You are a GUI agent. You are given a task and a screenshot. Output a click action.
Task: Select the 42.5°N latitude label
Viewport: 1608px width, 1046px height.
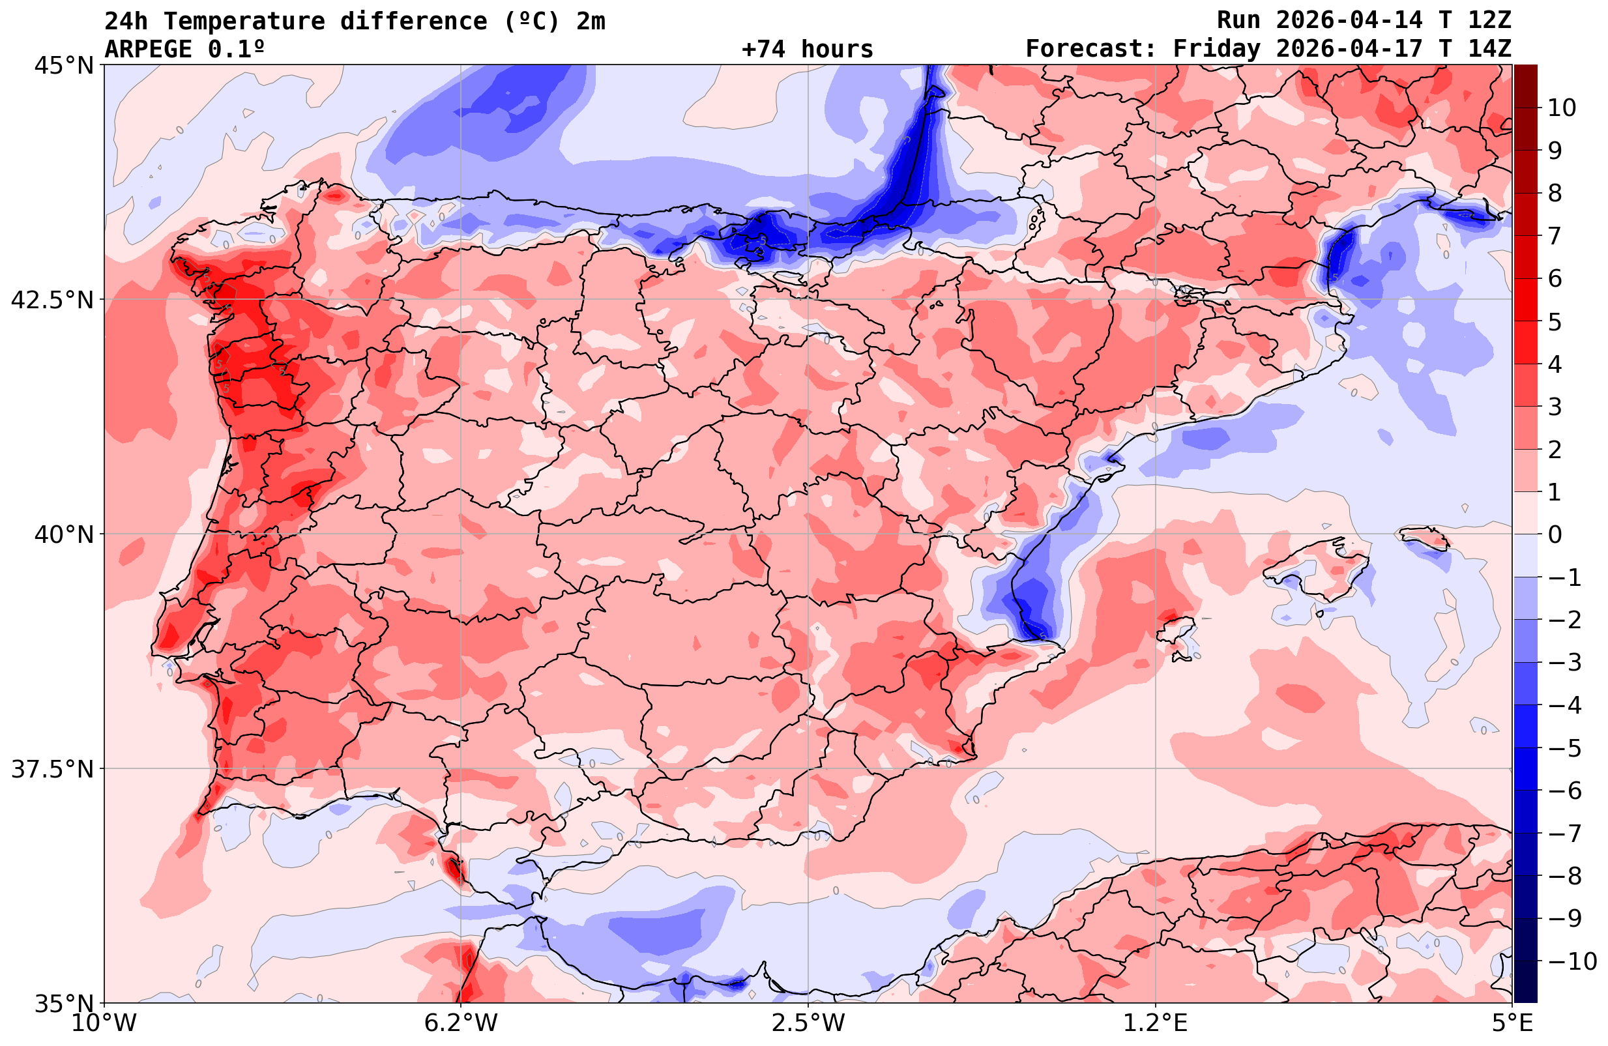pos(52,299)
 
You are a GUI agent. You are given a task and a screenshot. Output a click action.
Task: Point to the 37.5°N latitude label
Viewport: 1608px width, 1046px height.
pos(52,769)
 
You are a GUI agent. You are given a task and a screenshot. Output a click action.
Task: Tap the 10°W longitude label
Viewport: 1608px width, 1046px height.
pos(104,1023)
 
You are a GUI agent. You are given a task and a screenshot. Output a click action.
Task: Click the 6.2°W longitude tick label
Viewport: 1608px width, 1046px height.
pos(461,1023)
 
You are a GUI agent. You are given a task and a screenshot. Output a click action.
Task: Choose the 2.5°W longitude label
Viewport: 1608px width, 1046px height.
pos(808,1023)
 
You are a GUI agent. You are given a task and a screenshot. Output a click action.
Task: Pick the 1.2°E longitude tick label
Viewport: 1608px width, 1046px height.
pos(1156,1023)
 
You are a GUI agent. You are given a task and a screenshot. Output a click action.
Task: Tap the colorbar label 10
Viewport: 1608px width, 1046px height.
pos(1561,108)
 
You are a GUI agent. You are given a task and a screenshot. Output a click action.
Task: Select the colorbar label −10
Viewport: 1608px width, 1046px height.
pos(1571,960)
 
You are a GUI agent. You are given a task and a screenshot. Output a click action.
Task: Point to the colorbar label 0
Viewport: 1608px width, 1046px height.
pos(1555,534)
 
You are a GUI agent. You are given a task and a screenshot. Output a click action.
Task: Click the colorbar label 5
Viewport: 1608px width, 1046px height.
pos(1555,322)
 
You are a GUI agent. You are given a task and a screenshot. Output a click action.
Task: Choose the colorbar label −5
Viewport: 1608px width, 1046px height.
pos(1564,748)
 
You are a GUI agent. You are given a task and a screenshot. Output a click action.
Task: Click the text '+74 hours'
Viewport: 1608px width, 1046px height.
pos(807,50)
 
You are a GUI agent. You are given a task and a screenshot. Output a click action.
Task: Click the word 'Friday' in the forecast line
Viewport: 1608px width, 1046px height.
pos(1216,50)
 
